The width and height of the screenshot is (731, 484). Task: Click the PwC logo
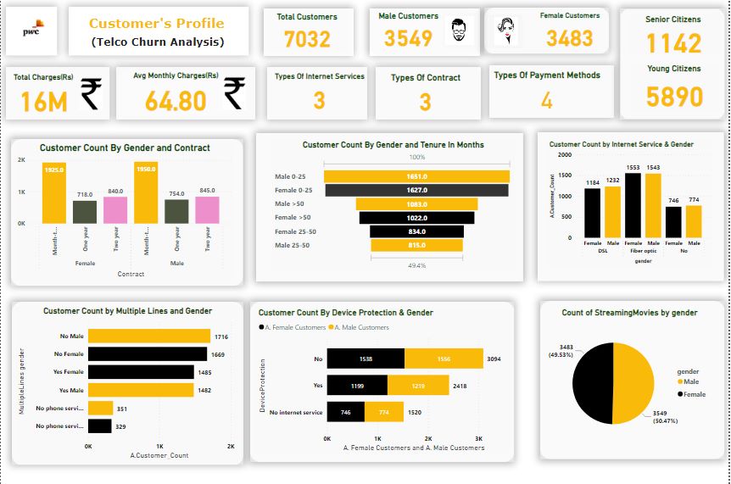tap(31, 31)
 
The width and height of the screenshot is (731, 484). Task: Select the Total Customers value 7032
tap(307, 39)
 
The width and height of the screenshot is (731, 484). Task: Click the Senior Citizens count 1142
tap(673, 43)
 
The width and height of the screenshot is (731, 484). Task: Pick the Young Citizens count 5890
tap(674, 97)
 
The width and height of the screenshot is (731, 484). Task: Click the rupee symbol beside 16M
tap(92, 94)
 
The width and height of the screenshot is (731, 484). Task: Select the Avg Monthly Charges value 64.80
tap(176, 101)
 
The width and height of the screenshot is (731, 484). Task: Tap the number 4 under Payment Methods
tap(546, 101)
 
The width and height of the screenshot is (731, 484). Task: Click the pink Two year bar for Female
tap(116, 210)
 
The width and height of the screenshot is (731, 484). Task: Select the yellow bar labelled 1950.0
tap(146, 193)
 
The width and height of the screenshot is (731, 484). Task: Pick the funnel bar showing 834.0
tap(417, 231)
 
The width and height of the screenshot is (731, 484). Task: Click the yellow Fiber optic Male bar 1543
tap(653, 205)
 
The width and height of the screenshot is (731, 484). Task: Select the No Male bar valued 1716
tap(149, 337)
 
